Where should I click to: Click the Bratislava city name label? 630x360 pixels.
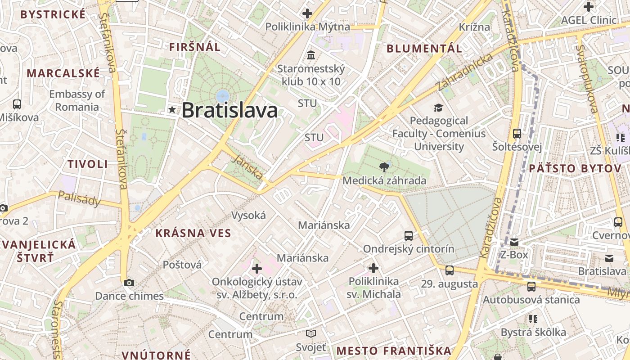pyautogui.click(x=229, y=110)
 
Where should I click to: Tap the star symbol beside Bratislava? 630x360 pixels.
pyautogui.click(x=172, y=109)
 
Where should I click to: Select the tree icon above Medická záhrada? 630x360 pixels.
pyautogui.click(x=384, y=167)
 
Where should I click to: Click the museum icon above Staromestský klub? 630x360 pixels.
pyautogui.click(x=310, y=55)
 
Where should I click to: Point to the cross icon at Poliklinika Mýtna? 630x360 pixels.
pyautogui.click(x=307, y=13)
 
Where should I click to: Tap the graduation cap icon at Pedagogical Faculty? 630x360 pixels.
pyautogui.click(x=438, y=108)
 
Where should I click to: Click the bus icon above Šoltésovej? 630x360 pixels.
pyautogui.click(x=517, y=134)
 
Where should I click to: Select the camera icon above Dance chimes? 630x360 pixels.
pyautogui.click(x=129, y=283)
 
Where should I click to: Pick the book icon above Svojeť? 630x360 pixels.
pyautogui.click(x=311, y=334)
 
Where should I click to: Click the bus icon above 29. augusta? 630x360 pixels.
pyautogui.click(x=449, y=270)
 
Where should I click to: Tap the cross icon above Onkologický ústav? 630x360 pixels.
pyautogui.click(x=257, y=269)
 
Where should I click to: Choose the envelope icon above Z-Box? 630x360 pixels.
pyautogui.click(x=514, y=242)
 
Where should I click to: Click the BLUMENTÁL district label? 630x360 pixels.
pyautogui.click(x=424, y=49)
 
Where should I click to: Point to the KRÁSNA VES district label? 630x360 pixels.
pyautogui.click(x=193, y=233)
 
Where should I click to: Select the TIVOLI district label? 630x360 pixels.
pyautogui.click(x=88, y=164)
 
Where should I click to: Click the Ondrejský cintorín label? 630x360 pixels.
pyautogui.click(x=409, y=249)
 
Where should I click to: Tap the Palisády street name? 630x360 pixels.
pyautogui.click(x=80, y=198)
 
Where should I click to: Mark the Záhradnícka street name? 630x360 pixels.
pyautogui.click(x=465, y=72)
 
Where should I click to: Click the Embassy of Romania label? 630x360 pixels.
pyautogui.click(x=77, y=100)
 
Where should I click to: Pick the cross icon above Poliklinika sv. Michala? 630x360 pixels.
pyautogui.click(x=373, y=269)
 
